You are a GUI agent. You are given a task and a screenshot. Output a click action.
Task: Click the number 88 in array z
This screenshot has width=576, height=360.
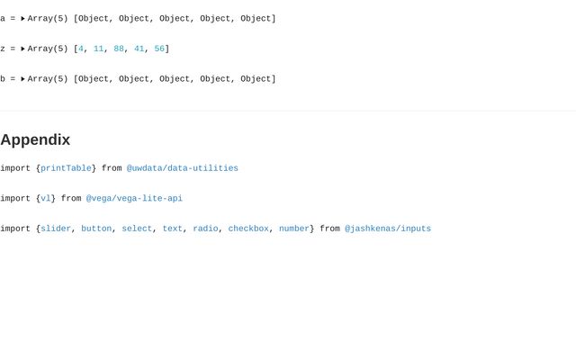[119, 49]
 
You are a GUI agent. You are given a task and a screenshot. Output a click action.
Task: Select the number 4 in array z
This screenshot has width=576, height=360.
[81, 49]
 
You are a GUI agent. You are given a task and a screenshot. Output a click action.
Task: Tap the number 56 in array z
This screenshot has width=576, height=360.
[159, 49]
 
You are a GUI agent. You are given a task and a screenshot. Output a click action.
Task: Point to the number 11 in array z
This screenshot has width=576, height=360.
[99, 49]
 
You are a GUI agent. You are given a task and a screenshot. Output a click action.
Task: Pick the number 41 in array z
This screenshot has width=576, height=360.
[139, 49]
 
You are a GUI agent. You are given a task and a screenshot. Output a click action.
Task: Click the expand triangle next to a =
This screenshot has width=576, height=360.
[23, 19]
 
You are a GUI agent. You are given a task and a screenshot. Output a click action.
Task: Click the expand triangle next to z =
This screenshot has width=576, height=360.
[23, 49]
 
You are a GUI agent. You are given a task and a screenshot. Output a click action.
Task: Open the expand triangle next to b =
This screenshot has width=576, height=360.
[23, 79]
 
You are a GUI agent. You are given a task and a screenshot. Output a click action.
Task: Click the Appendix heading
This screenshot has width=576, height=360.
[35, 139]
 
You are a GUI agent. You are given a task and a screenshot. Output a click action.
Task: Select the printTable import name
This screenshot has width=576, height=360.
[66, 168]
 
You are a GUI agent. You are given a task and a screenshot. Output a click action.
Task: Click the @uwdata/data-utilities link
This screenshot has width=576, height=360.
[183, 168]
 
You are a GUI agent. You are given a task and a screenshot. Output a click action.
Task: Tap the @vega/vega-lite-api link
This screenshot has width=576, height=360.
[134, 199]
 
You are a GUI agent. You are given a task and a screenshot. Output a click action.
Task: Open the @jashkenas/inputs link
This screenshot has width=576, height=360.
[388, 229]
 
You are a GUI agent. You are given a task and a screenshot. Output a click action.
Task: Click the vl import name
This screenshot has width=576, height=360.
[45, 199]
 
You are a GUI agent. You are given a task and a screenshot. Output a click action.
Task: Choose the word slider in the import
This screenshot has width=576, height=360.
[56, 229]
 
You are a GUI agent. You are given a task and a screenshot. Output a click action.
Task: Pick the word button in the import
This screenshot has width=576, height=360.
[96, 229]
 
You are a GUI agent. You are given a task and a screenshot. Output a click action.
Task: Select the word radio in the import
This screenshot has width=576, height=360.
[205, 229]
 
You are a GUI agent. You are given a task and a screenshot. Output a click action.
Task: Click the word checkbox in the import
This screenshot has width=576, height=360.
[248, 229]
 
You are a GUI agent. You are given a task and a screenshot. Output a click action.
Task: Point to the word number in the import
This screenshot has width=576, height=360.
[294, 229]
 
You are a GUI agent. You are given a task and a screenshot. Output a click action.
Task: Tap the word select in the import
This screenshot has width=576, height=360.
[137, 229]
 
